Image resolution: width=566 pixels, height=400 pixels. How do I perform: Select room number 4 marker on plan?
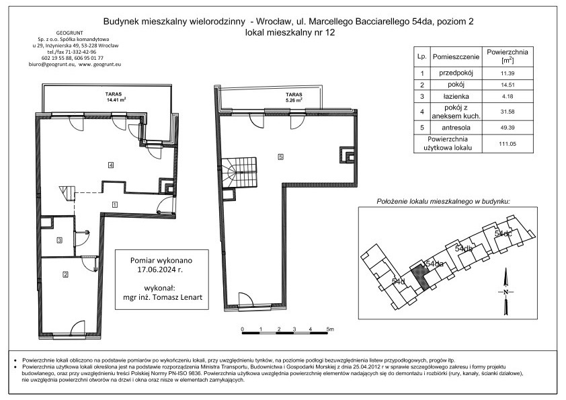[111, 165]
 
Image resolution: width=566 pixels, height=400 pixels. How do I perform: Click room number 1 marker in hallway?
[114, 204]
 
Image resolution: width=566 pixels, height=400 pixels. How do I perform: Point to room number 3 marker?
[60, 240]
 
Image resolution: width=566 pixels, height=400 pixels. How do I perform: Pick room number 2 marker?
[65, 275]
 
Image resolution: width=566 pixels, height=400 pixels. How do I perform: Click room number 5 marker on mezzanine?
[280, 157]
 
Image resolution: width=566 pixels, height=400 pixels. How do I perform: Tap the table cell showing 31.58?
[508, 112]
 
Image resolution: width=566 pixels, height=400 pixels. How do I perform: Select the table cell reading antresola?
[456, 128]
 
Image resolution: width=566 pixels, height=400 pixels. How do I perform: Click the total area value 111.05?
[508, 144]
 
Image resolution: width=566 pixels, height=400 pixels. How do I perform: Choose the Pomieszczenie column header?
[456, 56]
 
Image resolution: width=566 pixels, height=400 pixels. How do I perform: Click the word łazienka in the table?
[456, 96]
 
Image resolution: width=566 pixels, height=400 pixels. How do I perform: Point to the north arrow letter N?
[506, 292]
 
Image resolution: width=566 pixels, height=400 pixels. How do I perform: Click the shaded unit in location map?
[419, 277]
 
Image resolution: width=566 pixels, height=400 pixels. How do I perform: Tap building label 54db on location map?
[464, 249]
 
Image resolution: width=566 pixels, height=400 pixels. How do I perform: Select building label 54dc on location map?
[503, 233]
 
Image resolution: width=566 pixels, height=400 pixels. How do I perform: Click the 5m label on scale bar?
[330, 329]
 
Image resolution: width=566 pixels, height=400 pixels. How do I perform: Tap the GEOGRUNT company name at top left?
[70, 33]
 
